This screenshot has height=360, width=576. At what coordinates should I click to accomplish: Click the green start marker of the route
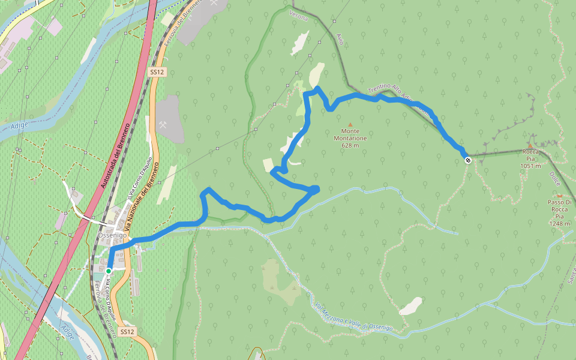pos(109,271)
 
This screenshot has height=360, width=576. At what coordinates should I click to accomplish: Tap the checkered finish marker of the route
pos(467,159)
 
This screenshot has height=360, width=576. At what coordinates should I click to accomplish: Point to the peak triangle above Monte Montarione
pos(350,125)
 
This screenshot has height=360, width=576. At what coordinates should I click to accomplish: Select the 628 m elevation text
pos(350,145)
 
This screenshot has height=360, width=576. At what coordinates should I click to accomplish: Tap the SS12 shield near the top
pos(157,72)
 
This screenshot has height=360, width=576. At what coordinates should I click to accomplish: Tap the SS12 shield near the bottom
pos(127,331)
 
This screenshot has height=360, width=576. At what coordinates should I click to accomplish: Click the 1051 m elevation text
pos(531,166)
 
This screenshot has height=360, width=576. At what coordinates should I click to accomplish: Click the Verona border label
pos(298,17)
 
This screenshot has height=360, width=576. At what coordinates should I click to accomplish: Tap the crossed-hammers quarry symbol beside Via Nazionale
pos(163,124)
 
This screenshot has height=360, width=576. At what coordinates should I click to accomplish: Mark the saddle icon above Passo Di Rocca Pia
pos(559,196)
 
